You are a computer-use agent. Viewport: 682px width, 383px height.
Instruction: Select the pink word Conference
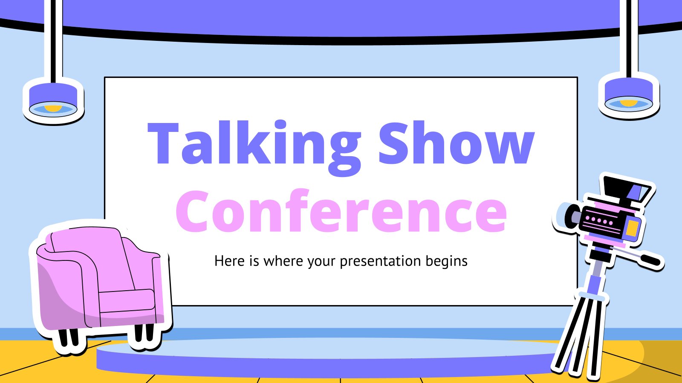click(x=341, y=210)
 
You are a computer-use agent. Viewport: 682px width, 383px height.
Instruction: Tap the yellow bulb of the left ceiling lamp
click(x=53, y=109)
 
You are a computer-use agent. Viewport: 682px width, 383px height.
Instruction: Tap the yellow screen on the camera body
click(x=633, y=229)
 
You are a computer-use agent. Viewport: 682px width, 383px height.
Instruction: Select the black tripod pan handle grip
click(x=650, y=260)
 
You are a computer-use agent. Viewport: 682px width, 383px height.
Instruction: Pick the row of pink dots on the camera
click(x=598, y=221)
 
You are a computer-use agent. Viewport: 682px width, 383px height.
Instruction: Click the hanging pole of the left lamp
click(x=53, y=41)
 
